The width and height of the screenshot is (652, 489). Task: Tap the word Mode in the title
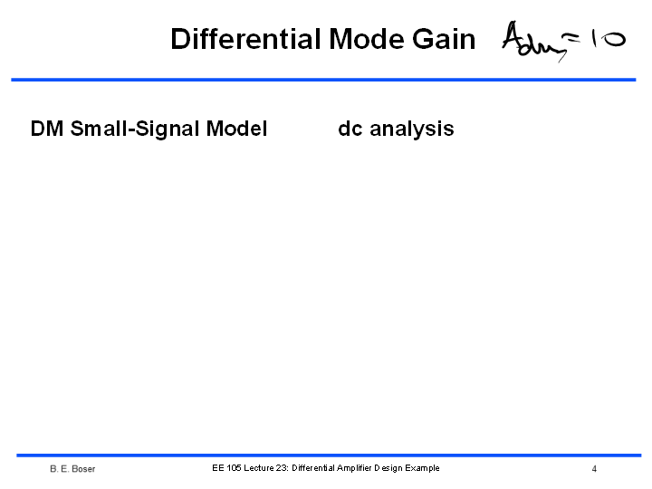click(366, 39)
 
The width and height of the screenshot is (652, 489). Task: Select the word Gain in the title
click(444, 39)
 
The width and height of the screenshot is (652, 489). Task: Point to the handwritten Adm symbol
click(534, 41)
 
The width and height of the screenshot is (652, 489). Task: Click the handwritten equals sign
click(573, 39)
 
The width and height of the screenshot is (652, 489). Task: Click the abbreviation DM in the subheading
click(47, 129)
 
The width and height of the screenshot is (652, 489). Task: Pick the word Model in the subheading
click(236, 129)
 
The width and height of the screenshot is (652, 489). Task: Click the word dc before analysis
click(350, 129)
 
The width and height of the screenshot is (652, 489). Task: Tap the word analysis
click(412, 129)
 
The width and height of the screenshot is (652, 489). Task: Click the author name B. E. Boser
click(72, 469)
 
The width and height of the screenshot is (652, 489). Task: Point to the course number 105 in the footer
click(235, 468)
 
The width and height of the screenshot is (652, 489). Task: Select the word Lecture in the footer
click(259, 468)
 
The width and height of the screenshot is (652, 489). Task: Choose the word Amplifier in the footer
click(354, 468)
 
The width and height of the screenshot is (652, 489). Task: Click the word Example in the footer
click(422, 468)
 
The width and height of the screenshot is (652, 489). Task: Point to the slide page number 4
click(594, 469)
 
